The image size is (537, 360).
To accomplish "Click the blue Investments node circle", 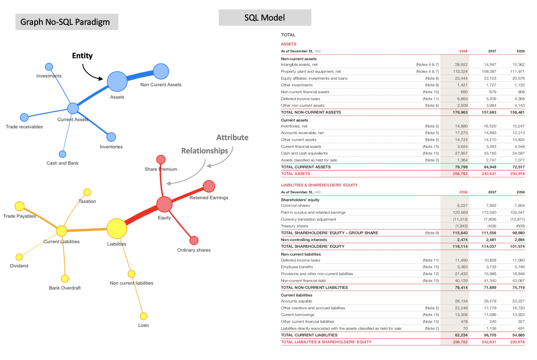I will [x=49, y=67].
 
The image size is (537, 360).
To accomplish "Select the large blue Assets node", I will [x=117, y=81].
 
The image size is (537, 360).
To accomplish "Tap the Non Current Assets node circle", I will [x=160, y=71].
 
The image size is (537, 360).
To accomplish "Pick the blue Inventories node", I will [x=111, y=137].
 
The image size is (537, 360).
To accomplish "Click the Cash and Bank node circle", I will [x=62, y=154].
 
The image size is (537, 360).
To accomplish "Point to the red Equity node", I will [x=164, y=204].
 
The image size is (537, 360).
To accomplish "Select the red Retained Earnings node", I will [x=209, y=186].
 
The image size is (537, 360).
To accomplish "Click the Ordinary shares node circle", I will [x=194, y=240].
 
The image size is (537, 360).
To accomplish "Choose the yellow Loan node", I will [x=144, y=316].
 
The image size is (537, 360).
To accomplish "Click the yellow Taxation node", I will [x=87, y=192].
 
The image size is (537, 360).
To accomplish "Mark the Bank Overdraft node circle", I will [x=65, y=279].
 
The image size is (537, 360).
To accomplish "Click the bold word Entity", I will [x=82, y=56].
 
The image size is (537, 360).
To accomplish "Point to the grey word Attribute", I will [x=232, y=138].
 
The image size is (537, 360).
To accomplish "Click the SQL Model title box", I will [x=265, y=18].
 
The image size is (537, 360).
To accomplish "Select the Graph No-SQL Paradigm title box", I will [x=66, y=21].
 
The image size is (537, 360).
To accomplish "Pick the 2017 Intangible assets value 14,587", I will [x=490, y=64].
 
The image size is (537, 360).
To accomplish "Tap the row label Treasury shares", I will [x=294, y=226].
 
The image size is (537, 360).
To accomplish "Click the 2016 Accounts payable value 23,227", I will [x=518, y=301].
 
